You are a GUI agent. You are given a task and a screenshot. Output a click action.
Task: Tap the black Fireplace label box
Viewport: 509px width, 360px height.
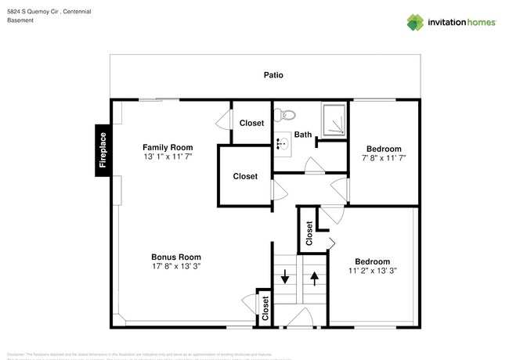point(102,150)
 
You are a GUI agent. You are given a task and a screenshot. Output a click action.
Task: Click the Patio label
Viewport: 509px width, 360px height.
point(273,76)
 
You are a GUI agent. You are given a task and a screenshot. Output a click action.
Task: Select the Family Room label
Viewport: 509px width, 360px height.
point(167,147)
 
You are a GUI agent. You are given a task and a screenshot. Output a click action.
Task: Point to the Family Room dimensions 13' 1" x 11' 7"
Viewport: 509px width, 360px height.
point(167,157)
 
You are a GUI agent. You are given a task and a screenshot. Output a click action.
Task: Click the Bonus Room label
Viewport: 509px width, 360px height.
point(175,257)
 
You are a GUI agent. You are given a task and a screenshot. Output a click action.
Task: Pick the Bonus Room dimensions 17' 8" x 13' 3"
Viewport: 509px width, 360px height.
point(175,267)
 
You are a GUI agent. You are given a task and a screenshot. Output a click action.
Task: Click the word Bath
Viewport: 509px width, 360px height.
point(303,135)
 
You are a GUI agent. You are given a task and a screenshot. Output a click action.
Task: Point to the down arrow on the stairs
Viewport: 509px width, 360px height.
point(285,276)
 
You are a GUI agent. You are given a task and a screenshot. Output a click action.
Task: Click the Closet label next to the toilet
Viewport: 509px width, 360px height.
point(251,123)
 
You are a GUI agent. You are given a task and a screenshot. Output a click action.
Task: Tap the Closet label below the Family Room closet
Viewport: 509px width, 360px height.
point(245,176)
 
